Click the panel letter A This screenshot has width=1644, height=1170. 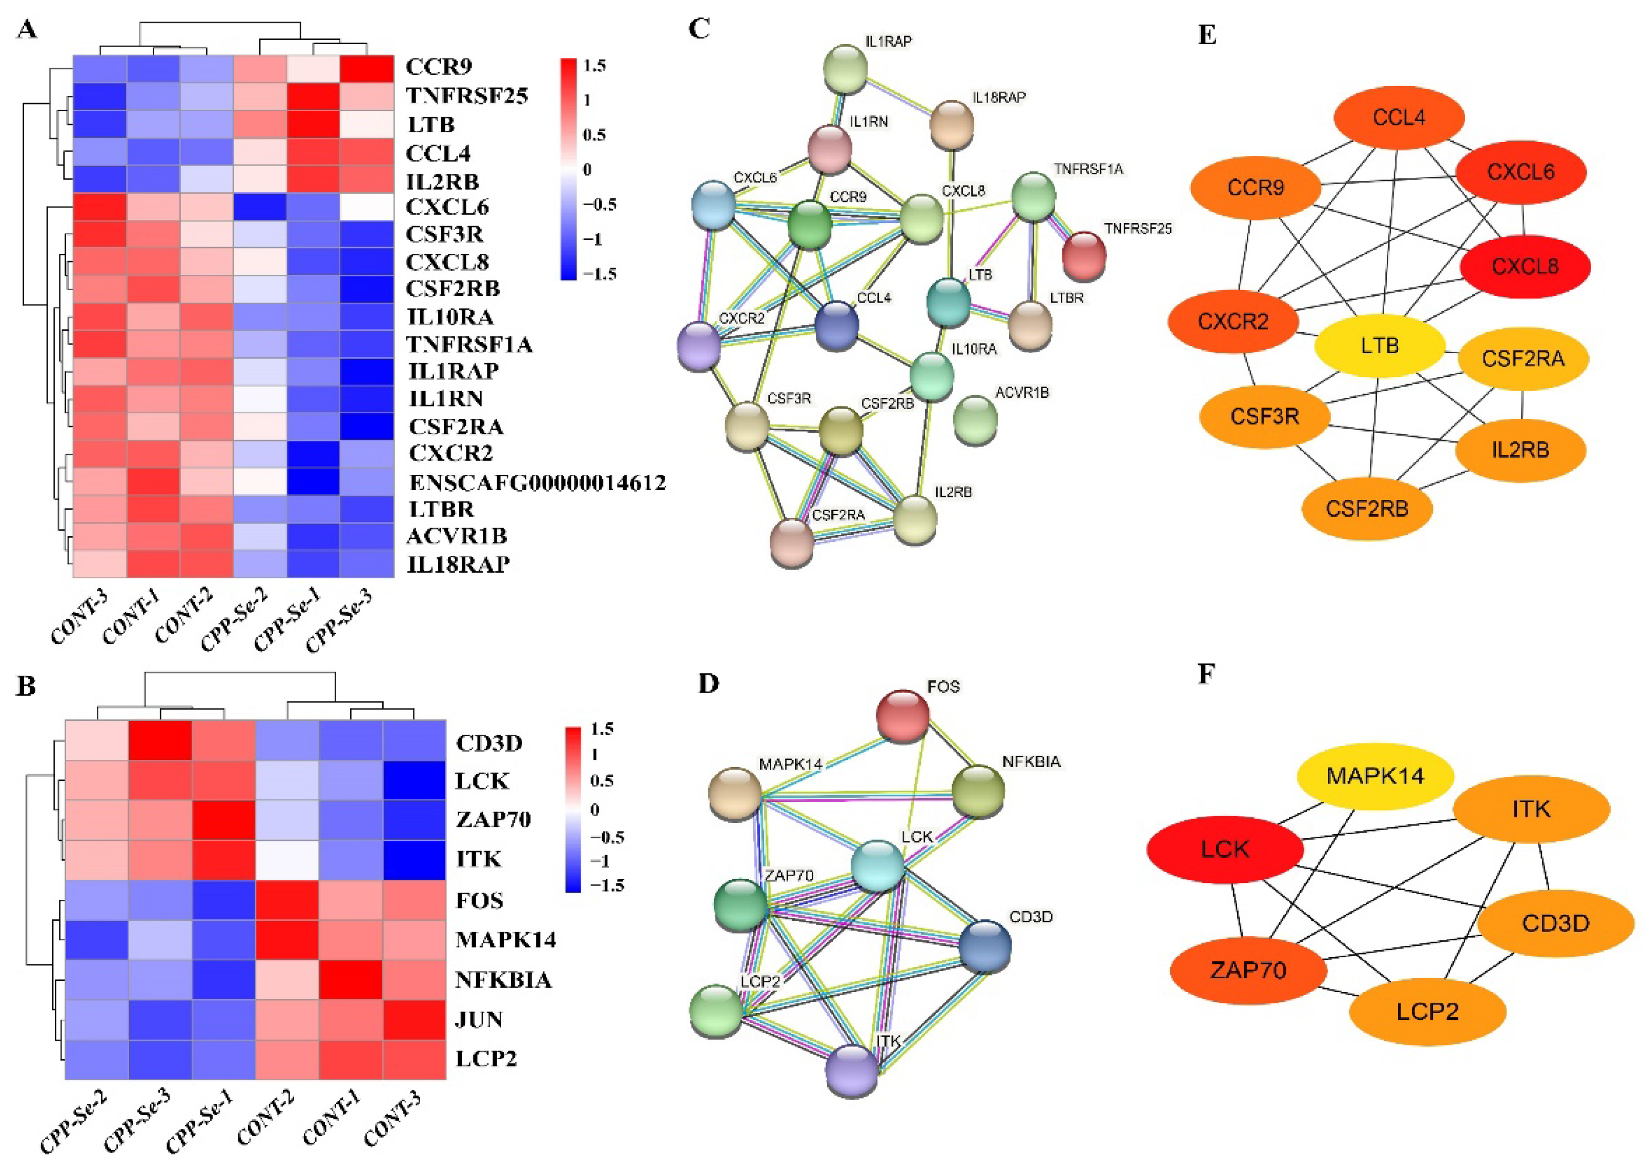click(x=27, y=30)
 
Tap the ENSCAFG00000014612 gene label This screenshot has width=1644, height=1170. click(x=537, y=482)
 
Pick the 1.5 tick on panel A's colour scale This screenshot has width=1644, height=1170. click(x=594, y=66)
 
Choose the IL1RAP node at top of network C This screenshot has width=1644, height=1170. click(x=846, y=68)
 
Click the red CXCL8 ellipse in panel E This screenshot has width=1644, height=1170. click(x=1524, y=266)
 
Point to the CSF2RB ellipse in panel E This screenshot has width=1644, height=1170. click(x=1366, y=509)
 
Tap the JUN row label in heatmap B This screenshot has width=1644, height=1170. click(x=479, y=1019)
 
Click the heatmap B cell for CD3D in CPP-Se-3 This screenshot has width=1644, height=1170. click(x=160, y=741)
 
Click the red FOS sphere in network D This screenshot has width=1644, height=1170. click(x=902, y=715)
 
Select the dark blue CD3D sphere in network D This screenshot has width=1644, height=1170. click(x=984, y=945)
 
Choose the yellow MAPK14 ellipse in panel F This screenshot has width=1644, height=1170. click(x=1374, y=776)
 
